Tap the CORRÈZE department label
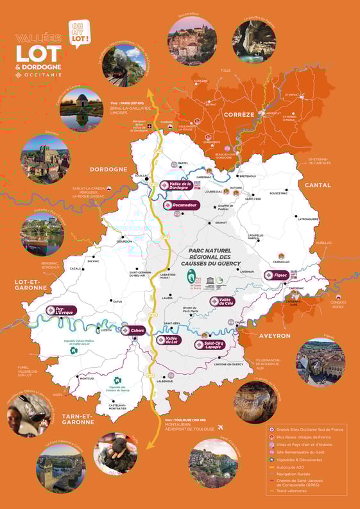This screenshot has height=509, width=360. coord(239,114)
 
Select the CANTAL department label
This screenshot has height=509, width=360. coord(318,185)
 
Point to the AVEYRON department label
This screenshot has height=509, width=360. coord(275,336)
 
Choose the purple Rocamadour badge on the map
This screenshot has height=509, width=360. coord(182,205)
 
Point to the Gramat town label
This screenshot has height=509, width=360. coord(221,223)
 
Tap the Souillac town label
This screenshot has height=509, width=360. coord(140,175)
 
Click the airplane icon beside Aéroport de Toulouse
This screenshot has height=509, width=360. coord(221,426)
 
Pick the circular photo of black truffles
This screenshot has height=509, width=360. coord(116,453)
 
